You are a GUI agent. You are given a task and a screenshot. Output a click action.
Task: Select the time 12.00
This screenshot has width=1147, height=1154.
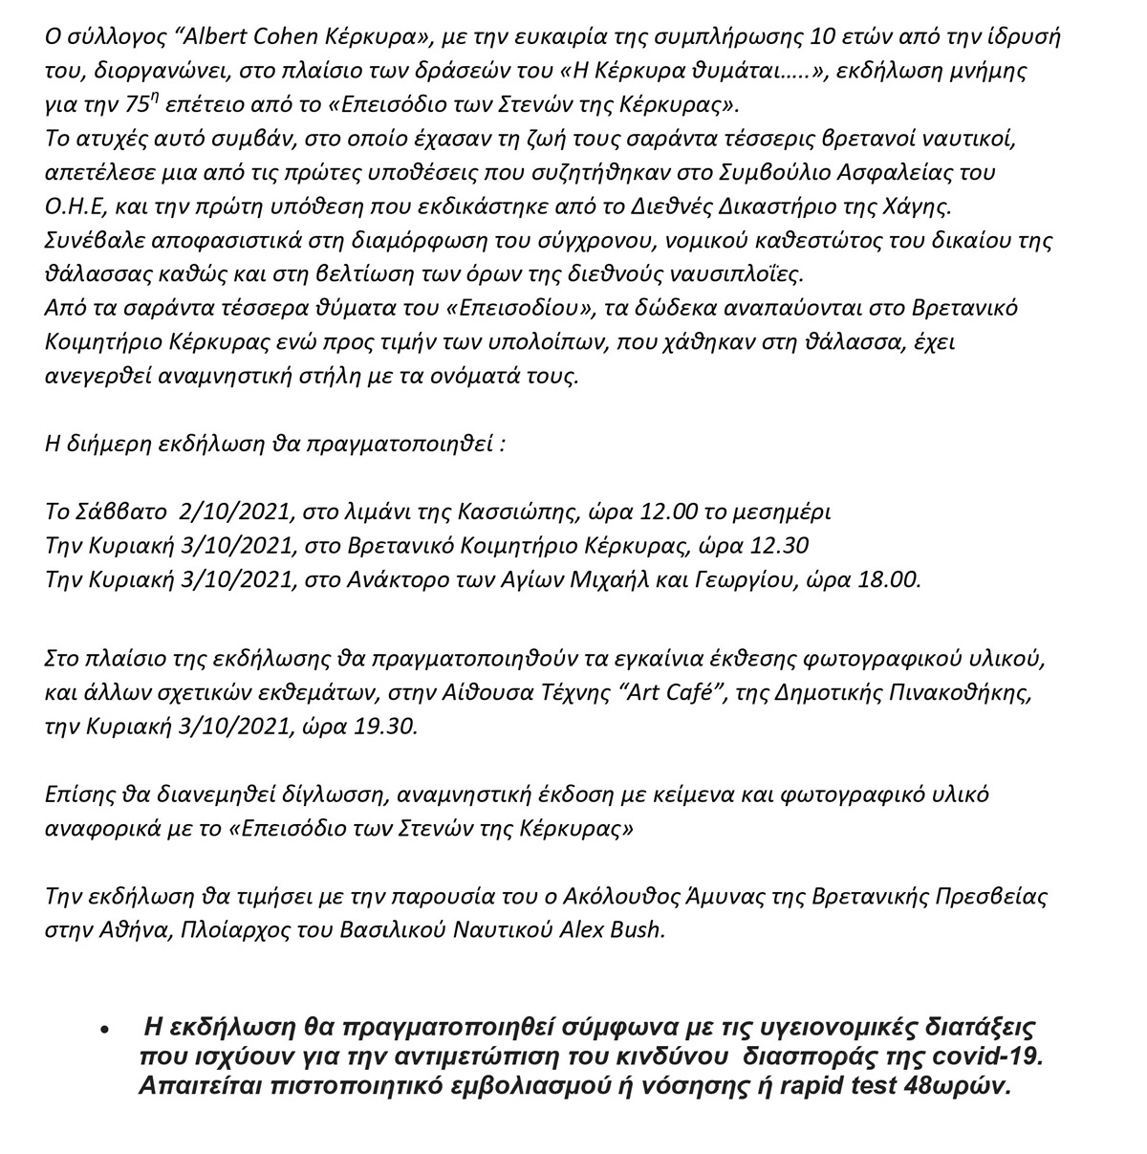tap(641, 512)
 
